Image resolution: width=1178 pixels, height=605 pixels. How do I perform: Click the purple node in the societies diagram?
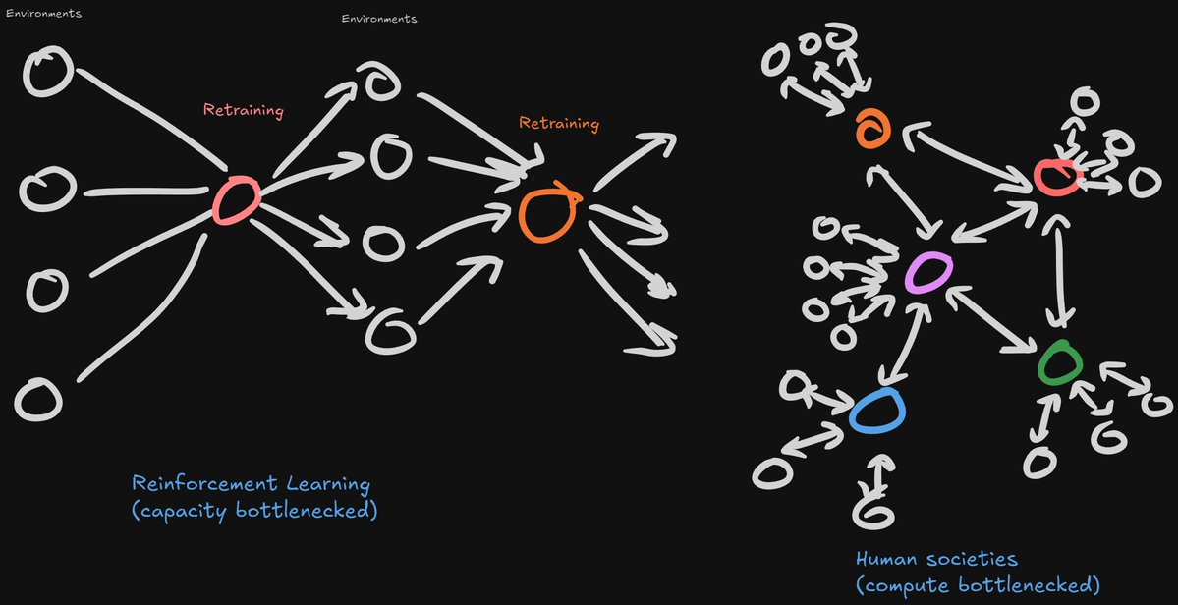click(927, 271)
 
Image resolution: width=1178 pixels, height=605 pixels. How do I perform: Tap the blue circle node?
click(876, 411)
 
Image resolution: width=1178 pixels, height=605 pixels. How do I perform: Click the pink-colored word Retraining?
click(243, 110)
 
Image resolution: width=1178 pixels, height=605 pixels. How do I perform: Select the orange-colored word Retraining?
click(558, 124)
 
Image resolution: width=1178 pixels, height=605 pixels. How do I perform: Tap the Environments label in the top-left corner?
click(43, 14)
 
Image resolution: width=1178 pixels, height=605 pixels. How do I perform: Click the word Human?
click(887, 559)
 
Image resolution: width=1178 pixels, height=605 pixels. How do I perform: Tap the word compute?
click(904, 585)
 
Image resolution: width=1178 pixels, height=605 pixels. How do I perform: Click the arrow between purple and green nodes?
click(993, 316)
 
